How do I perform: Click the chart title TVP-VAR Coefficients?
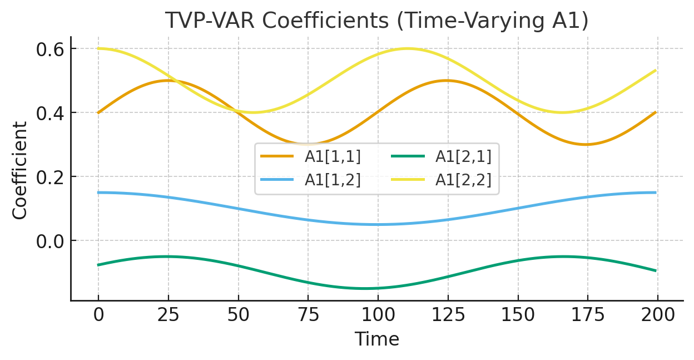point(376,21)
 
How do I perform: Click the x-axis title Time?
point(376,339)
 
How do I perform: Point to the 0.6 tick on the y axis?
point(49,49)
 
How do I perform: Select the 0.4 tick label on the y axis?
point(49,113)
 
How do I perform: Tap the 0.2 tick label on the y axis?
point(49,177)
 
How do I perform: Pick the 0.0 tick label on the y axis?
point(49,241)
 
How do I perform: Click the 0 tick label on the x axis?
point(98,315)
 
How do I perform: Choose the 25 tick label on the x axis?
point(168,315)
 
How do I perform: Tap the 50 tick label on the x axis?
point(239,315)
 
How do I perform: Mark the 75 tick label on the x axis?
point(308,315)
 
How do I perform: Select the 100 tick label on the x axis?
point(378,315)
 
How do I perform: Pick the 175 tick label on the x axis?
point(588,315)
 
